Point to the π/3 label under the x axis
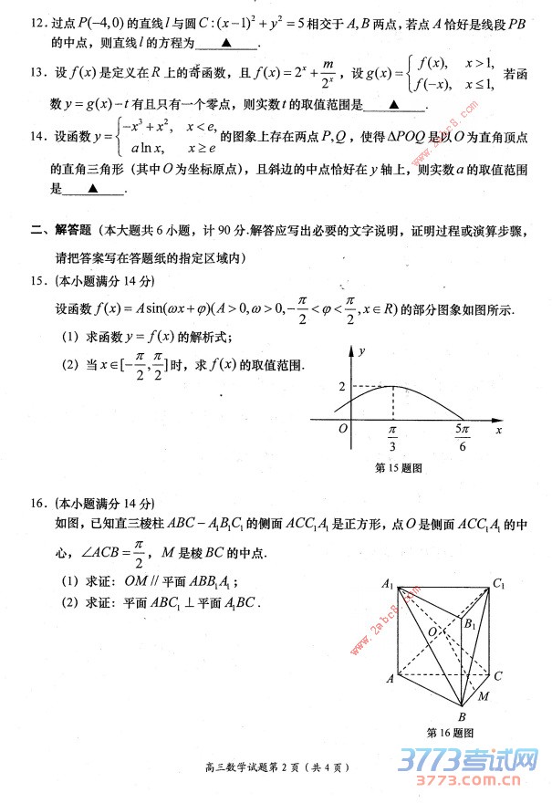(393, 442)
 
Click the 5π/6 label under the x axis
(462, 442)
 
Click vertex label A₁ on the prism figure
(388, 585)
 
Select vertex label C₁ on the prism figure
(498, 584)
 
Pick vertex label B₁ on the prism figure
(469, 625)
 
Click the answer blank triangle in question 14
(92, 189)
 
